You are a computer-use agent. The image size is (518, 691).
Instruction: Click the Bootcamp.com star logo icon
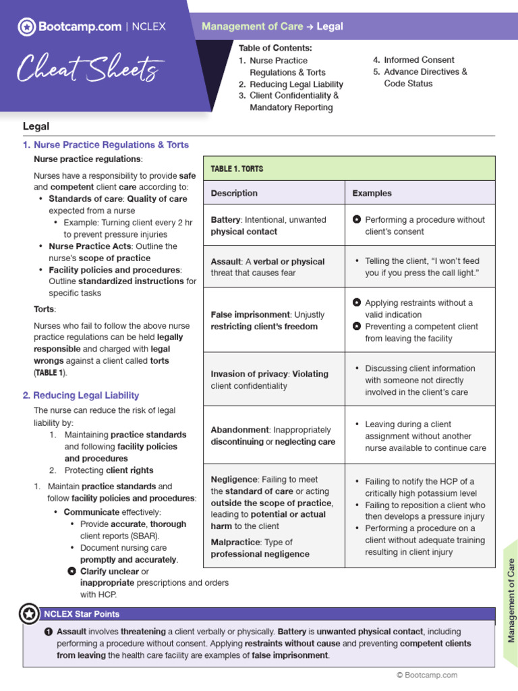pos(26,27)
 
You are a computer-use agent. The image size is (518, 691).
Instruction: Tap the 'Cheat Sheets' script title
pos(89,68)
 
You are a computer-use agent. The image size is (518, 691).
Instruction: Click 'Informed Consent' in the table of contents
pos(419,59)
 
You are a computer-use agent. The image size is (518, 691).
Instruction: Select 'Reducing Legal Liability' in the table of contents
pos(296,84)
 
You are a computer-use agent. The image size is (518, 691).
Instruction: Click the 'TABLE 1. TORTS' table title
pos(237,168)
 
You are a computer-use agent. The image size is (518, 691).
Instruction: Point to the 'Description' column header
pos(234,193)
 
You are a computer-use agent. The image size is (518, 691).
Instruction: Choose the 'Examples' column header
pos(372,193)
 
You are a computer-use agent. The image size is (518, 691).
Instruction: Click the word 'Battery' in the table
pos(226,219)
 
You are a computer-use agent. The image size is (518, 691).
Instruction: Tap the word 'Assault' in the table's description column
pos(226,261)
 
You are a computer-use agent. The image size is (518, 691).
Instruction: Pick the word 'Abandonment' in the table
pos(239,430)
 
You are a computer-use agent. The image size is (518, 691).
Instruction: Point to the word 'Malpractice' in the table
pos(233,542)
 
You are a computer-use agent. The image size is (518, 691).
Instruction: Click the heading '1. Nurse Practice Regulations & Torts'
pos(106,144)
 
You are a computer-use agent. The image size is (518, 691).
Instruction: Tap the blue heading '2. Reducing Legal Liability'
pos(81,395)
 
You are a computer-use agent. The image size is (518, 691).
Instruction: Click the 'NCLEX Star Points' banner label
pos(82,614)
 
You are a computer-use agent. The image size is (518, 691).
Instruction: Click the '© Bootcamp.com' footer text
pos(427,675)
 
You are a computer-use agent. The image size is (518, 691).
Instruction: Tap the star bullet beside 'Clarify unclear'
pos(72,571)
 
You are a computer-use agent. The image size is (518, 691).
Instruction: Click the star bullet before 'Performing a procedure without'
pos(357,220)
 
